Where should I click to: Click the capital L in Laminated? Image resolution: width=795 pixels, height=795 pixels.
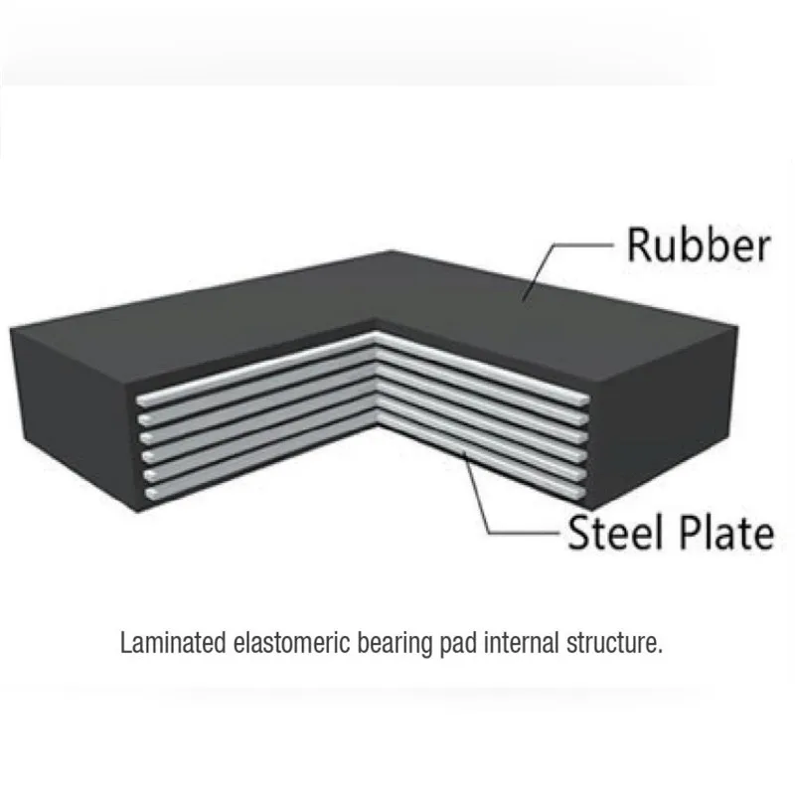(x=125, y=643)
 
